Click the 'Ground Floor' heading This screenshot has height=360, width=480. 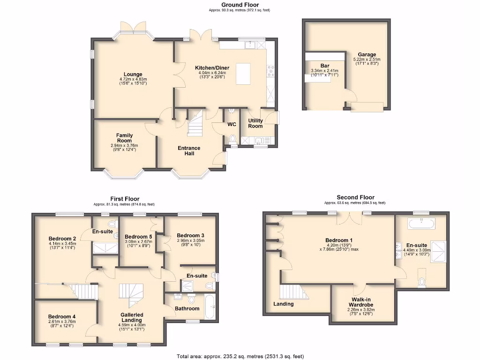(x=240, y=5)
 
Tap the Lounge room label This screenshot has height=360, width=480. (x=133, y=74)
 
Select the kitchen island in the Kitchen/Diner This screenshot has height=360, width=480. (x=243, y=74)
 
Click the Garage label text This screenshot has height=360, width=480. (x=367, y=55)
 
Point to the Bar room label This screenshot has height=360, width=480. (x=324, y=66)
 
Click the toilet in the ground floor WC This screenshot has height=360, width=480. (x=232, y=138)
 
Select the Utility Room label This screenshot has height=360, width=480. (x=255, y=123)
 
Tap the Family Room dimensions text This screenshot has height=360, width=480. (x=124, y=148)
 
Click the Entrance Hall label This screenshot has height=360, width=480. (x=189, y=151)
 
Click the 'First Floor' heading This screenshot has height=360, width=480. (x=125, y=199)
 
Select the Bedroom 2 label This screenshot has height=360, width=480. (x=62, y=238)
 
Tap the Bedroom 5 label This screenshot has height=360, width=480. (x=138, y=236)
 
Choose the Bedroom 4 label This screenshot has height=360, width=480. (x=61, y=316)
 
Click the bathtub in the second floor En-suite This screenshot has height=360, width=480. (x=421, y=224)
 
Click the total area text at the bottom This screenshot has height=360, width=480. (x=240, y=356)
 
